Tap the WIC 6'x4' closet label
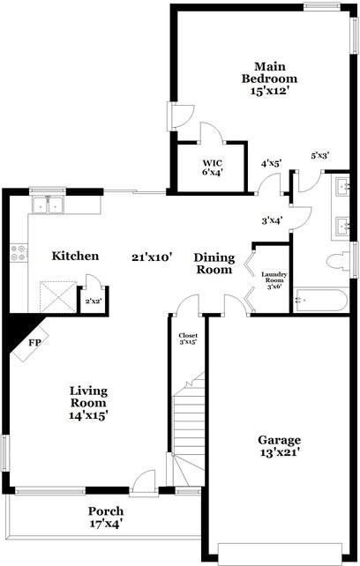pos(212,168)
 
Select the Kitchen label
pos(74,257)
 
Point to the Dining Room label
pos(214,264)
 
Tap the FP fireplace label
pos(35,341)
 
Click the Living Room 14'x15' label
pos(88,401)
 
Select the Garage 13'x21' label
pos(279,446)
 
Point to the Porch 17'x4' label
pos(105,518)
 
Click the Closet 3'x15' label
pos(187,339)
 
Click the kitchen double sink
pos(49,205)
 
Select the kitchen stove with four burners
pos(18,256)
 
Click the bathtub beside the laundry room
pos(321,302)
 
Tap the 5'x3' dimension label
pos(319,156)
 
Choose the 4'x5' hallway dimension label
pos(270,164)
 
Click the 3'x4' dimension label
pos(271,221)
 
